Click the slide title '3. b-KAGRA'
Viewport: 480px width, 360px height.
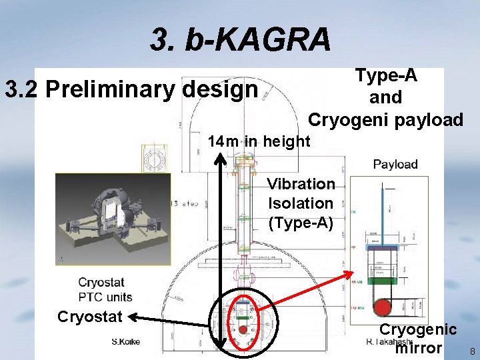[x=240, y=40]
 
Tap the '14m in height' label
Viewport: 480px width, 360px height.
[x=259, y=141]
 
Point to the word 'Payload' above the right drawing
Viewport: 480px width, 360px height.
[x=395, y=164]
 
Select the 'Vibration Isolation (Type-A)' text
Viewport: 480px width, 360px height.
[x=301, y=203]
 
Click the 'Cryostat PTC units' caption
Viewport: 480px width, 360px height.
[x=105, y=290]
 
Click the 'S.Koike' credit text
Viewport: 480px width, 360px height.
[x=126, y=342]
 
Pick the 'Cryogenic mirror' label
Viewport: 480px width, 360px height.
[x=418, y=339]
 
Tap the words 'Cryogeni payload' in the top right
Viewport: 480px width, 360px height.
[x=385, y=120]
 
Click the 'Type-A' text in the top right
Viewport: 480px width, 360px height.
[x=386, y=75]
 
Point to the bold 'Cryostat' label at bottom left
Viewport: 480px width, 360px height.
[x=89, y=316]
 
